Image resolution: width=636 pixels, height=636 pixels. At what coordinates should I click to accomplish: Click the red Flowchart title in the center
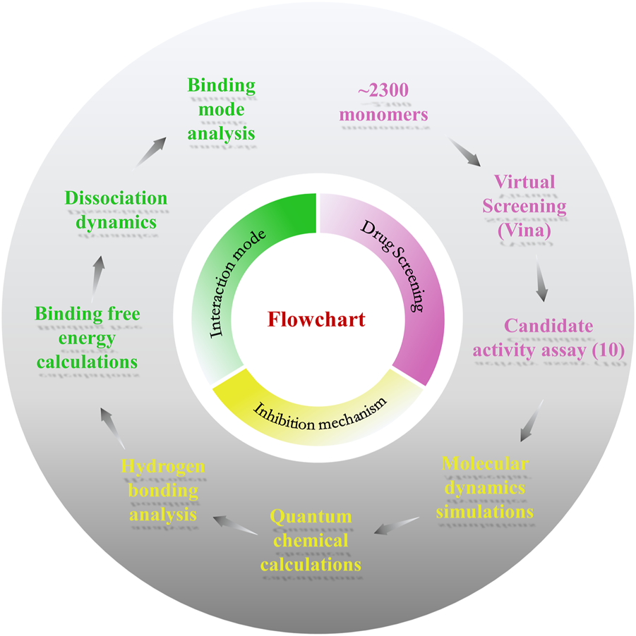pos(316,319)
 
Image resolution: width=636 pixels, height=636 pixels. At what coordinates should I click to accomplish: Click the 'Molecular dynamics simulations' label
pos(484,487)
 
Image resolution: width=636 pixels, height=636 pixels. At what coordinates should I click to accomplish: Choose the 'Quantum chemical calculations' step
pos(311,541)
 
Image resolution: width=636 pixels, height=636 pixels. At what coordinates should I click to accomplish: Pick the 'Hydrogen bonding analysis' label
pos(163,491)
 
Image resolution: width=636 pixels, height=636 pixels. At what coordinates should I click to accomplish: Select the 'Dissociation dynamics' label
pos(116,209)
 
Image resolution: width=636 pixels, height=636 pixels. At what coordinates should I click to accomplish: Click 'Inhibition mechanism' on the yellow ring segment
pos(321,408)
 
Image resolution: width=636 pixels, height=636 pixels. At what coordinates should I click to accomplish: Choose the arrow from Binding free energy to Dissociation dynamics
pos(99,270)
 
